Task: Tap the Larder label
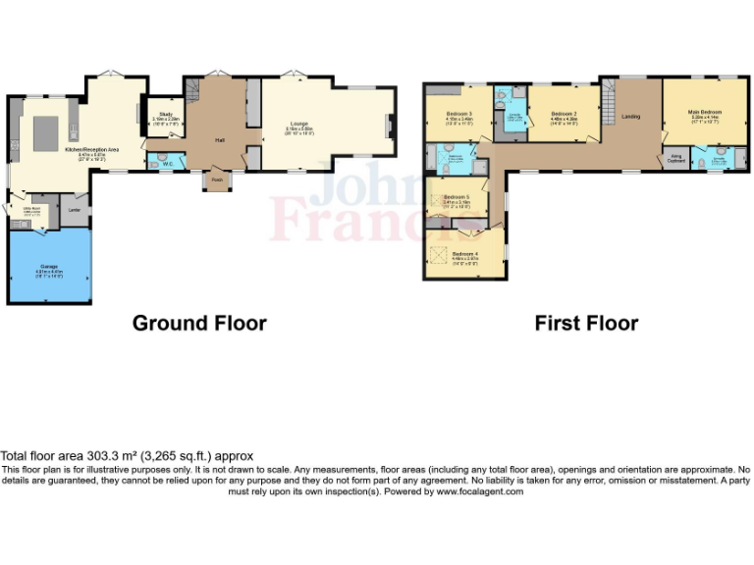pyautogui.click(x=74, y=209)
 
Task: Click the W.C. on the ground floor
pyautogui.click(x=168, y=164)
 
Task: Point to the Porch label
pyautogui.click(x=216, y=180)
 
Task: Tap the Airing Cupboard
pyautogui.click(x=676, y=157)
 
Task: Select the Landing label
pyautogui.click(x=630, y=117)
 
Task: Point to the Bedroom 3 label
pyautogui.click(x=458, y=114)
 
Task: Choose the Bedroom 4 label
pyautogui.click(x=463, y=255)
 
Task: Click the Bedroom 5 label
pyautogui.click(x=457, y=197)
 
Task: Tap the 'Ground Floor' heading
pyautogui.click(x=199, y=323)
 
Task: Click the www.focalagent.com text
pyautogui.click(x=481, y=491)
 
